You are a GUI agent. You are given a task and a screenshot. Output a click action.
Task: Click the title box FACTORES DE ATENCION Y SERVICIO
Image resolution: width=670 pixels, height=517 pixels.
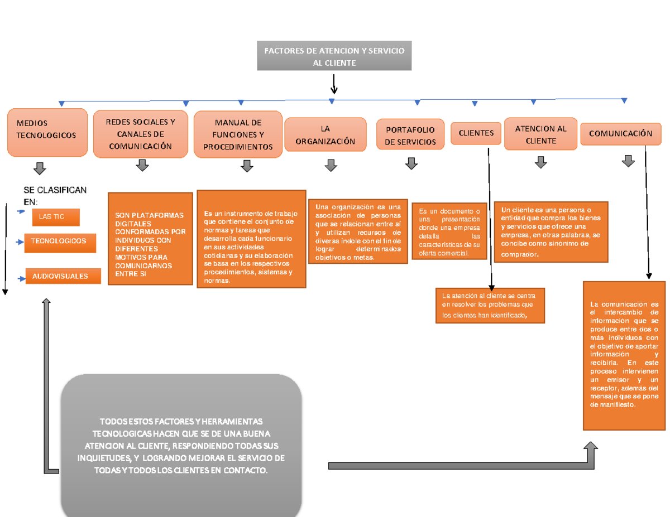click(334, 56)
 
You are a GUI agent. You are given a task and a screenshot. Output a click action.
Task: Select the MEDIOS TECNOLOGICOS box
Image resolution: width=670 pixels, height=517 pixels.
click(47, 132)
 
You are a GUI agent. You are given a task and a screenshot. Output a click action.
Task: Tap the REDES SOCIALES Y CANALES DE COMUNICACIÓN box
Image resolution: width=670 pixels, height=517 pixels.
click(140, 134)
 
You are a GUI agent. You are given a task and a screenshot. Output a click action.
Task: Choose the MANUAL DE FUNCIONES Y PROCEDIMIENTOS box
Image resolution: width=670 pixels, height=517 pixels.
click(238, 134)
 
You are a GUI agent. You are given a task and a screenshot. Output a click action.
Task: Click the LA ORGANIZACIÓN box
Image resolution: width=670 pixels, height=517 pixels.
click(326, 134)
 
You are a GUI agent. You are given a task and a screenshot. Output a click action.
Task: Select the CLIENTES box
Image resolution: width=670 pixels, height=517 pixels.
click(476, 133)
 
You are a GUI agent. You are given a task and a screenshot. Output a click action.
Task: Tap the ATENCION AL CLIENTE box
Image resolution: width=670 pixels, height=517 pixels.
click(540, 134)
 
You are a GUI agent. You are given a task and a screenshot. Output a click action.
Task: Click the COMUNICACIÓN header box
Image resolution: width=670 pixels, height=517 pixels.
click(620, 134)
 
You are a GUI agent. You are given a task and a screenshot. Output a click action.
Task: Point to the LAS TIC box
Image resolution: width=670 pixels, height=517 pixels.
click(56, 217)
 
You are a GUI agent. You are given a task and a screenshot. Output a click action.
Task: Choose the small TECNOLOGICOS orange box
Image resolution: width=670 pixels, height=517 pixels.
click(60, 242)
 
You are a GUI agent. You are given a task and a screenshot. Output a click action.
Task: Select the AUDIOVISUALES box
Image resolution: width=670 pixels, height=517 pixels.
click(63, 276)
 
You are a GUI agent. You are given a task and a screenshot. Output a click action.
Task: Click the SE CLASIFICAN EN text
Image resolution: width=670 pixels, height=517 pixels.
click(55, 195)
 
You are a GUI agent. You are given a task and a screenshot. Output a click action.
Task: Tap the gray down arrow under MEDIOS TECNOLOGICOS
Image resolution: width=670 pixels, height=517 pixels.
click(40, 168)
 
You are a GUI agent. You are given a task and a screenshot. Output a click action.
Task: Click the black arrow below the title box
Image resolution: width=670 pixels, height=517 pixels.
click(334, 85)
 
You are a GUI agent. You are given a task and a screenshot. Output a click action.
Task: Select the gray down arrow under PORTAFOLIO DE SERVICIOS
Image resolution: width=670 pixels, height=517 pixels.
click(411, 163)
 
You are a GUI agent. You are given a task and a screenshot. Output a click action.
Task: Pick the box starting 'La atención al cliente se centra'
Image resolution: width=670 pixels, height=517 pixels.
click(490, 305)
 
